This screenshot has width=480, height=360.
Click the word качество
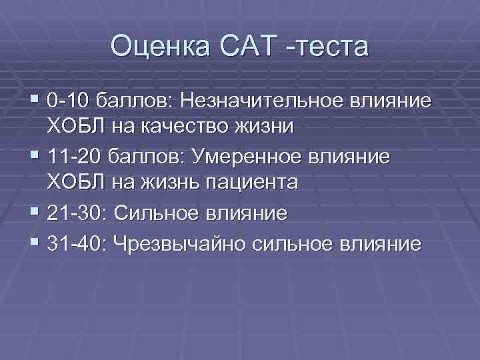tap(175, 126)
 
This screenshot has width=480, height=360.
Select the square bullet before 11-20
tap(34, 157)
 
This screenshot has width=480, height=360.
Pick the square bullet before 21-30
tap(34, 213)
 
